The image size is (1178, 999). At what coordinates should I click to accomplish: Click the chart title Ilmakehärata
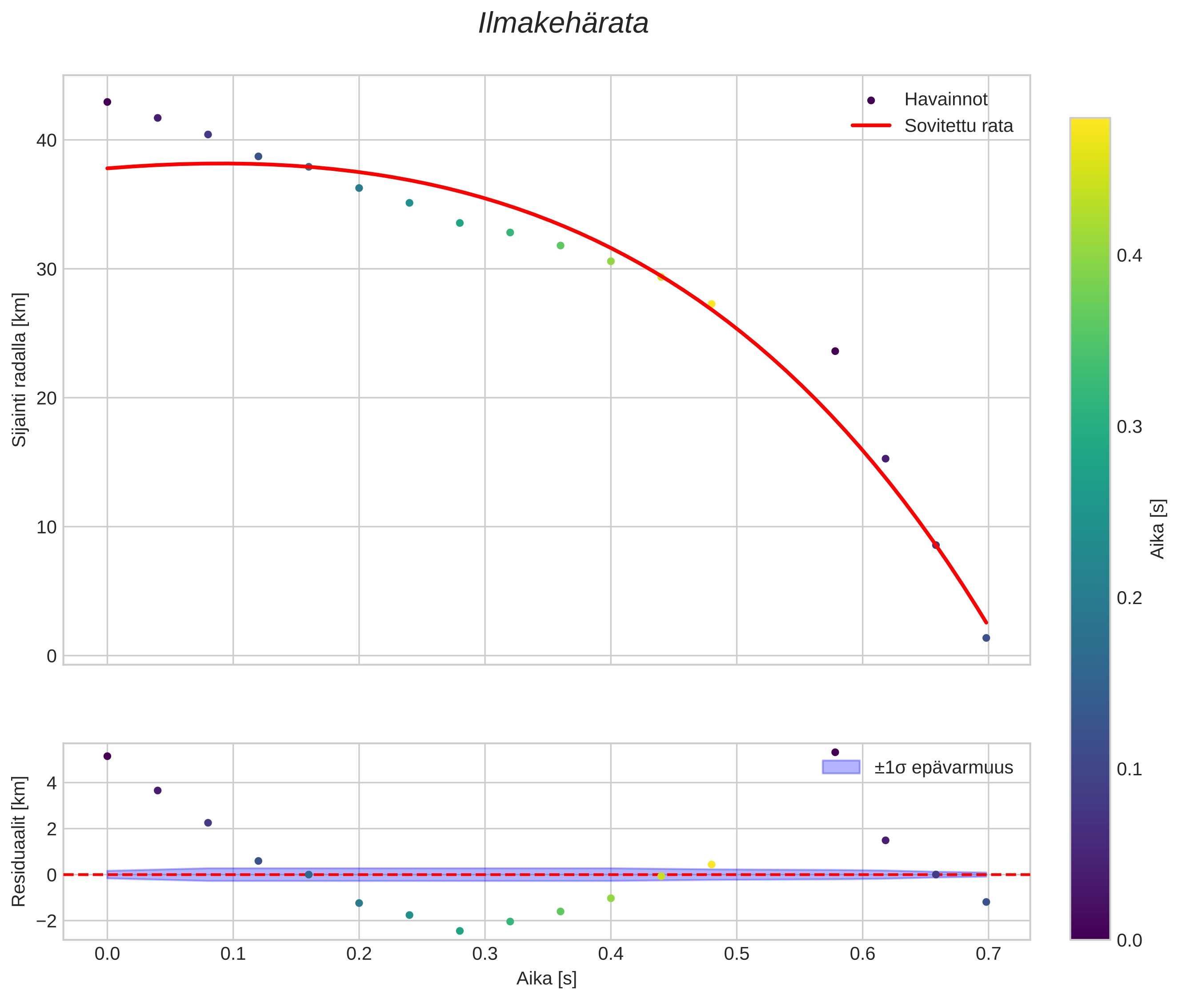click(563, 24)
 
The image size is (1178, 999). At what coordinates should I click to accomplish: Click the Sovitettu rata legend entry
click(958, 126)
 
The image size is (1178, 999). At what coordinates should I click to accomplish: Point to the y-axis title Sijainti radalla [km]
click(20, 370)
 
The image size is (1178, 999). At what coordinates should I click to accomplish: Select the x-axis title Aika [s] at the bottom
click(546, 979)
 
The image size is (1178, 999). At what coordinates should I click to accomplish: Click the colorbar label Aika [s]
click(1158, 529)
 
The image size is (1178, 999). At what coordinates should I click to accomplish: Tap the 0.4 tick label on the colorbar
click(1129, 255)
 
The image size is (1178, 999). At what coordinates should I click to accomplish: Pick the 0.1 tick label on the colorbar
click(1129, 769)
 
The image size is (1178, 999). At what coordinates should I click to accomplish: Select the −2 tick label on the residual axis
click(46, 921)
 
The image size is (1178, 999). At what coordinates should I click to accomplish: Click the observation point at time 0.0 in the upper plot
click(107, 102)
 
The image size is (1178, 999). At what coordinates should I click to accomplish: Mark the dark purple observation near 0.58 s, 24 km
click(834, 351)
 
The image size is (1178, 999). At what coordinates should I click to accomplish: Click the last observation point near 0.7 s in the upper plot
click(986, 638)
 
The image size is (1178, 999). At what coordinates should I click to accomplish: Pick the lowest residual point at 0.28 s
click(460, 931)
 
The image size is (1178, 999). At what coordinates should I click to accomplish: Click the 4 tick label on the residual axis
click(52, 783)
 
